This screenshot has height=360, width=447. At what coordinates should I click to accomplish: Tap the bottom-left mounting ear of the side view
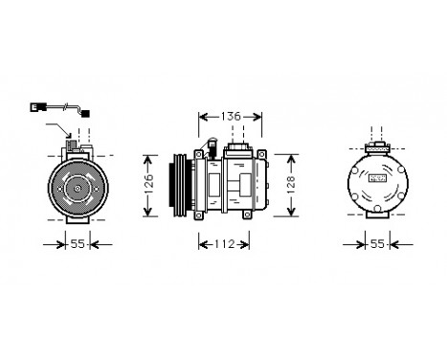pyautogui.click(x=200, y=217)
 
